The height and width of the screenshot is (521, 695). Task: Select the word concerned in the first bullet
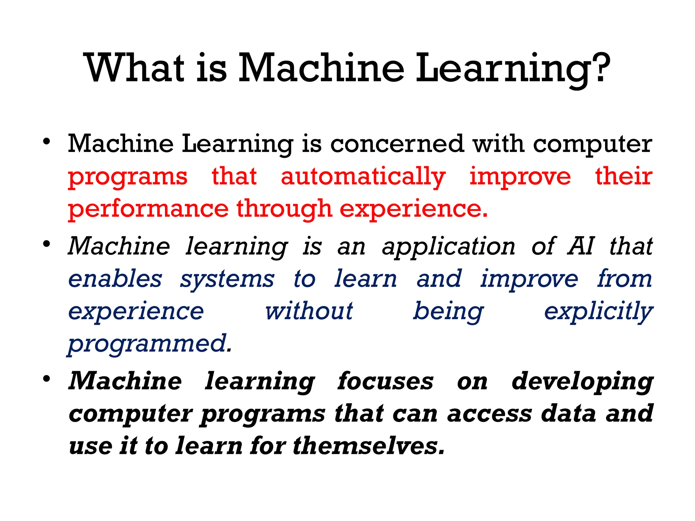(397, 144)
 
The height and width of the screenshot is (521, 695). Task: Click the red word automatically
(363, 177)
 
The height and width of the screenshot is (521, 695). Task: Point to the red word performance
(148, 209)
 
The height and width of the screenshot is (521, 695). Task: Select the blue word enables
(115, 279)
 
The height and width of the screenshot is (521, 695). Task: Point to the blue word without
(309, 311)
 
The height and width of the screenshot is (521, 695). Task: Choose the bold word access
(489, 414)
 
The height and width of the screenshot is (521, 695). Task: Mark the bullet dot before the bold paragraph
(47, 379)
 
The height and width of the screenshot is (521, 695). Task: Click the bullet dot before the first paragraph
(47, 141)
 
